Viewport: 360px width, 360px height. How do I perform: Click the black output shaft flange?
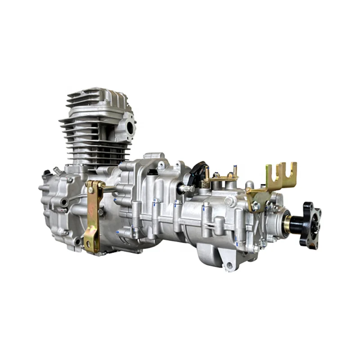coord(310,225)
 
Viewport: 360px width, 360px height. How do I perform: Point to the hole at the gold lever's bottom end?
coord(90,245)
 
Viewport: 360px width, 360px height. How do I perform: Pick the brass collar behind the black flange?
coord(287,224)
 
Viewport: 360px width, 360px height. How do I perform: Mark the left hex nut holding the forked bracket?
coord(256,206)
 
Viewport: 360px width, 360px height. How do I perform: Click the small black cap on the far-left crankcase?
coord(45,174)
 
